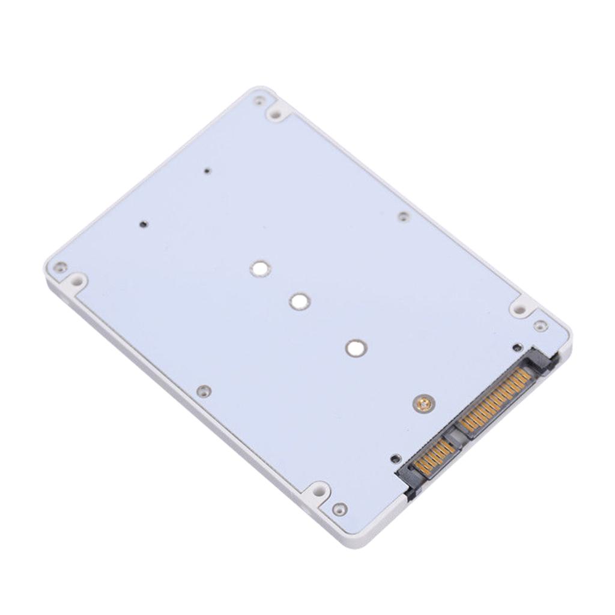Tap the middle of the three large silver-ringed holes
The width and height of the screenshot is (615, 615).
coord(299,301)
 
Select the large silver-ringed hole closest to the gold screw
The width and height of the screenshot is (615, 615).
coord(356,347)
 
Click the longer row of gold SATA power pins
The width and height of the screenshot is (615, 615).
coord(495,399)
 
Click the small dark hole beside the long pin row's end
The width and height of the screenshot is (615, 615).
coord(517,347)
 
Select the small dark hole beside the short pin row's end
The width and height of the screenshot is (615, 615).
coord(394,458)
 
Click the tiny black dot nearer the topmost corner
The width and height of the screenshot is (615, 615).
coord(207,171)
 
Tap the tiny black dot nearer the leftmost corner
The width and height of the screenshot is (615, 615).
coord(143,225)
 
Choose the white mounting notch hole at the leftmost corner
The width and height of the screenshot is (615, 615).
coord(77,280)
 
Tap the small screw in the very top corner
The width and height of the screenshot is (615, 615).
coord(259,100)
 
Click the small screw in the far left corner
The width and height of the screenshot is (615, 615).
coord(59,267)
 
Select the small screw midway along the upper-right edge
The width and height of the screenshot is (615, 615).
coord(404,216)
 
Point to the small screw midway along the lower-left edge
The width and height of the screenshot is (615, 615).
coord(204,391)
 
